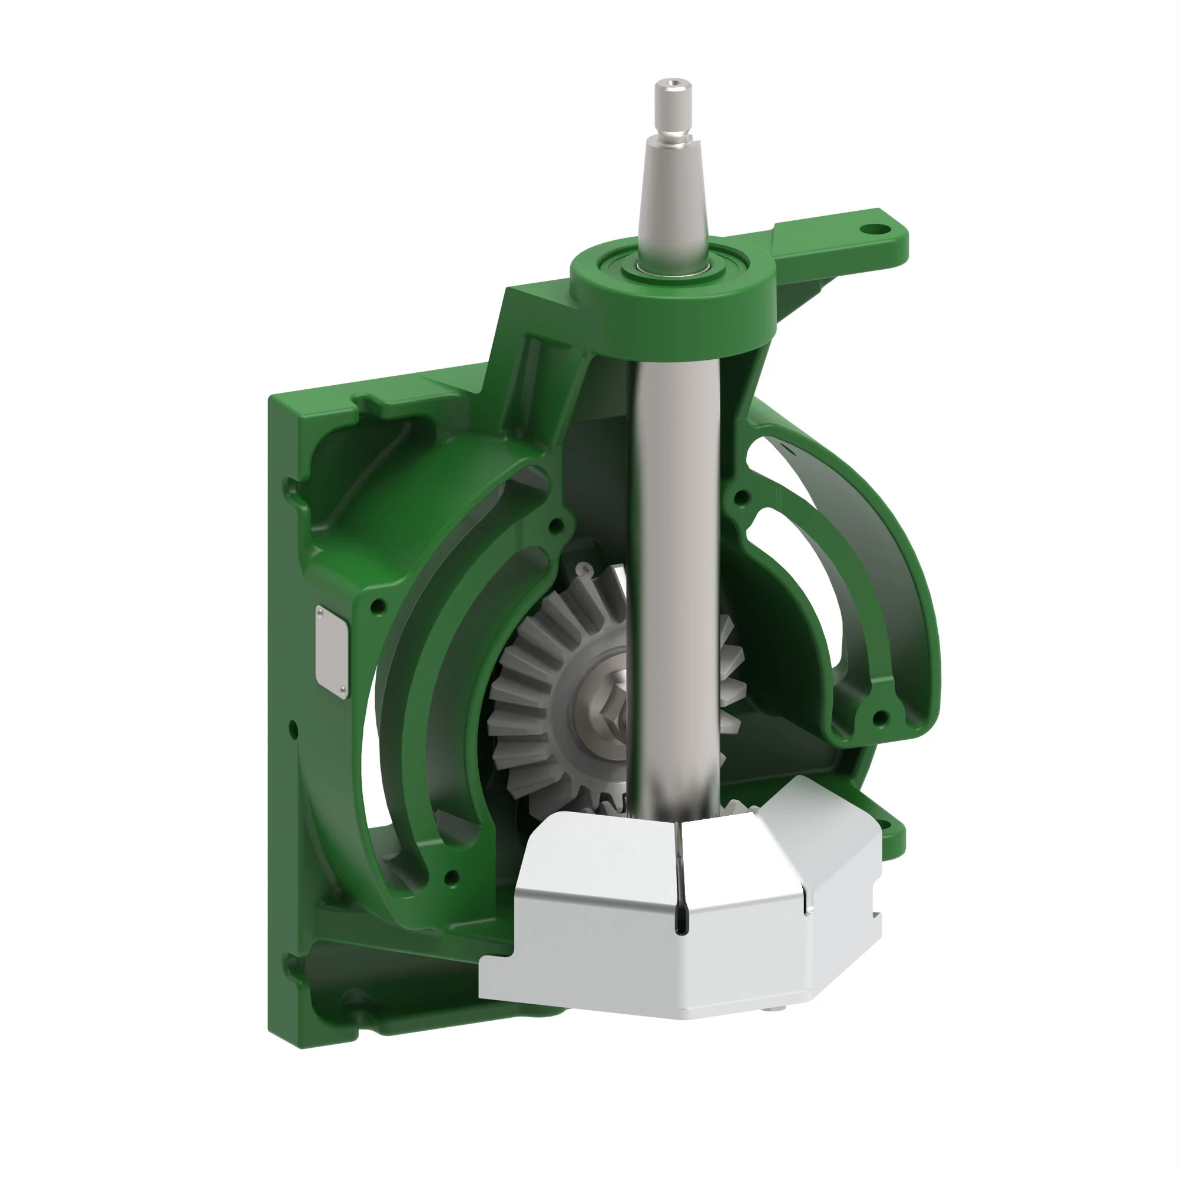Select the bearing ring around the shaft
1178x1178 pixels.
pos(672,266)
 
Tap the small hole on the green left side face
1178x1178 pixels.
pos(294,729)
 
